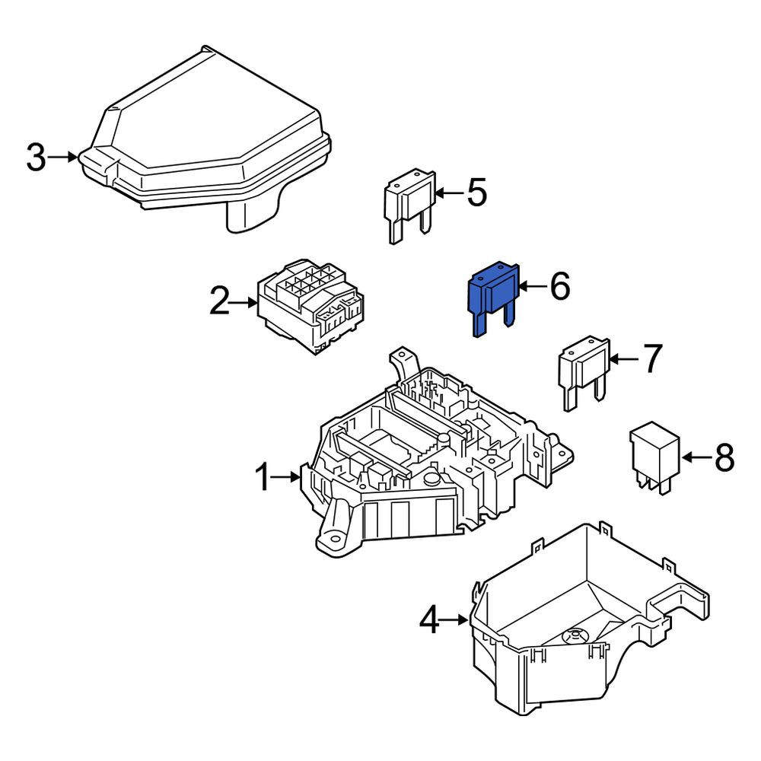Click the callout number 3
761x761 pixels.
(x=37, y=158)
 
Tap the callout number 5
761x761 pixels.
(x=476, y=193)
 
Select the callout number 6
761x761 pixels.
(x=559, y=286)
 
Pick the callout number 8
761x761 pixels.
(x=724, y=457)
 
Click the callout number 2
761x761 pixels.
(x=219, y=301)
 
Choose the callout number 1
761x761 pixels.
(x=262, y=477)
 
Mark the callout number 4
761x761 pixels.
(x=429, y=619)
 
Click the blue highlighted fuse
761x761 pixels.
(x=492, y=299)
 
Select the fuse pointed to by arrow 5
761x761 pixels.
(x=409, y=205)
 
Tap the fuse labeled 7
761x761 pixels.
(x=584, y=372)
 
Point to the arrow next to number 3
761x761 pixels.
(x=62, y=157)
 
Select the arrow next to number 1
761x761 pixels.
(x=285, y=477)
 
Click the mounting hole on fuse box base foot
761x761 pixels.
(x=334, y=540)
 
